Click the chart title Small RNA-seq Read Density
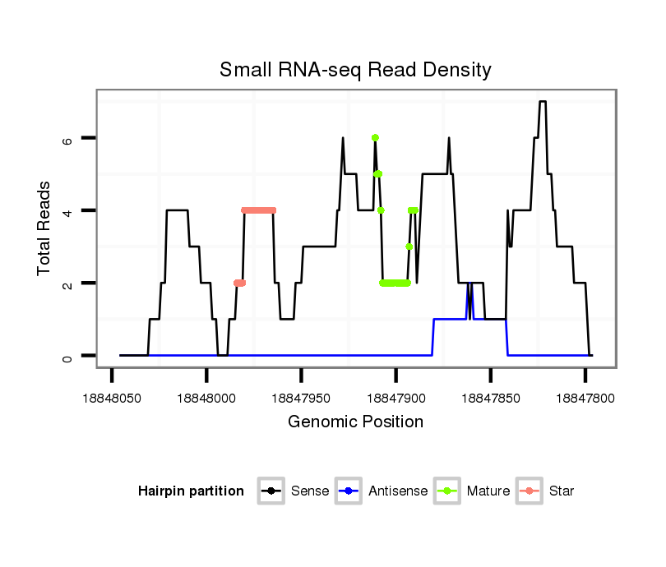coord(355,70)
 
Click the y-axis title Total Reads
coord(44,228)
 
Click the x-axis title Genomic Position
coord(355,422)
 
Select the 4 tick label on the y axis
coord(68,210)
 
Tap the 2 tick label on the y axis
coord(68,283)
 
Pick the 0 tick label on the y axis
coord(68,356)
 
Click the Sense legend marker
coord(271,491)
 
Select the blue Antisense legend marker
coord(349,491)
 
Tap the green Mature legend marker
coord(447,491)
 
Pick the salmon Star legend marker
coord(530,491)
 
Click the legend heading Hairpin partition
coord(191,491)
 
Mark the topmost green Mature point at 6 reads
coord(375,138)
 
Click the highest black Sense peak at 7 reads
coord(542,102)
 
